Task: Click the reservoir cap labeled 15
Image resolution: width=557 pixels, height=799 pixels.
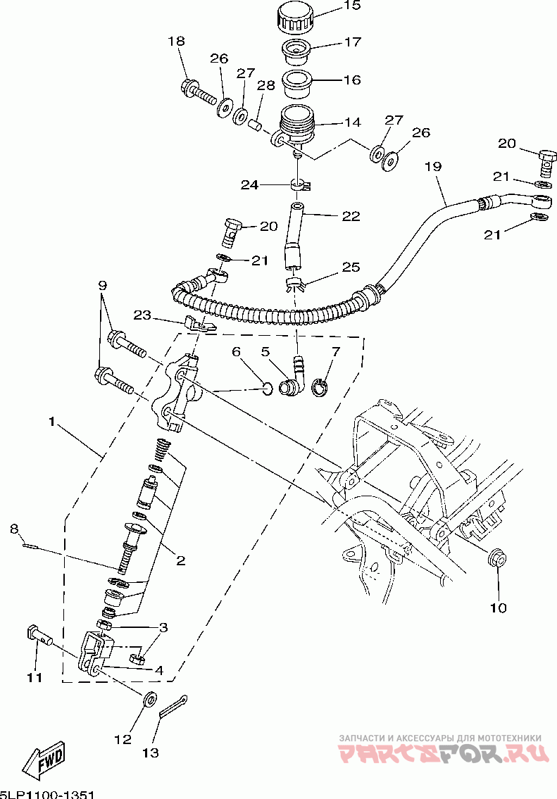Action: tap(296, 18)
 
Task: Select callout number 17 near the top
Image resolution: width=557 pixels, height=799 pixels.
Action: tap(353, 42)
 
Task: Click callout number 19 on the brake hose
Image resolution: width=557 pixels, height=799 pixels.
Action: tap(434, 166)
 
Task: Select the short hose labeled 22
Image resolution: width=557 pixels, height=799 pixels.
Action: tap(294, 235)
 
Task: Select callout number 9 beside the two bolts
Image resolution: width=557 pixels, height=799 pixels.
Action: tap(102, 284)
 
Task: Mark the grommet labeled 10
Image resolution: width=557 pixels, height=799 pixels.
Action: tap(496, 558)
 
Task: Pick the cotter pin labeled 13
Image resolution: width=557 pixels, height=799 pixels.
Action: tap(173, 706)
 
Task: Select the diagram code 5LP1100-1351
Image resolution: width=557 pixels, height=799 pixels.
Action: tap(47, 794)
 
